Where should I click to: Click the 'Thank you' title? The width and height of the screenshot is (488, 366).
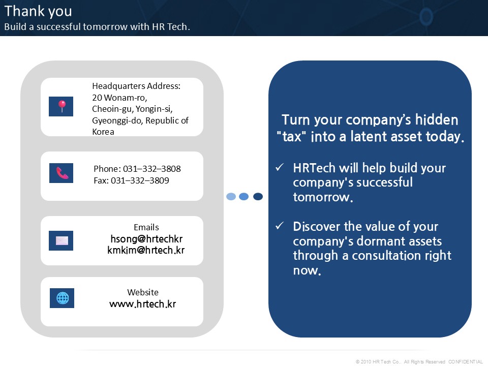tap(38, 12)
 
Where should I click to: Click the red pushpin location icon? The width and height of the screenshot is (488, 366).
tap(62, 106)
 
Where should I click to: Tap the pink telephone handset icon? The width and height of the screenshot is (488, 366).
tap(62, 173)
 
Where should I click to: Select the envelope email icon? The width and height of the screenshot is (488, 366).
tap(62, 240)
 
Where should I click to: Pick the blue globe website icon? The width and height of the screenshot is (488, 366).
tap(62, 298)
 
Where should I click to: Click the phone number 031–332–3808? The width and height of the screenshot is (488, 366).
tap(152, 169)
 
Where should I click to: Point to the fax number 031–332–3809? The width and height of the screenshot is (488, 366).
tap(140, 180)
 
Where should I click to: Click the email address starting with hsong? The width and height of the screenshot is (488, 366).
tap(146, 239)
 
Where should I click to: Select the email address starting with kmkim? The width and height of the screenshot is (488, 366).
tap(146, 250)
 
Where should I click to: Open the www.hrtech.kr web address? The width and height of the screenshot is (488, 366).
tap(142, 304)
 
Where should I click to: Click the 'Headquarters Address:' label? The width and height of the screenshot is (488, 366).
tap(136, 86)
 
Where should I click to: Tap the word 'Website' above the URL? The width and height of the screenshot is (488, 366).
tap(143, 292)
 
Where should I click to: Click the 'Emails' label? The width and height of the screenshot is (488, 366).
tap(146, 227)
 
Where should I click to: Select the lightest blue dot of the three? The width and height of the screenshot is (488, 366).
tap(231, 196)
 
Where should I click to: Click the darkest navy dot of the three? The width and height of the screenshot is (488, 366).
tap(258, 196)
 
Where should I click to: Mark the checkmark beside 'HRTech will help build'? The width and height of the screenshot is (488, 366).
tap(280, 167)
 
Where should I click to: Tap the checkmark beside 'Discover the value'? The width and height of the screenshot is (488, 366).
tap(280, 226)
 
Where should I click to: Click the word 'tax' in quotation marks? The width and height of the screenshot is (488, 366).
tap(292, 137)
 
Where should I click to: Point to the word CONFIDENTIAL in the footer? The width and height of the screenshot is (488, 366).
tap(466, 361)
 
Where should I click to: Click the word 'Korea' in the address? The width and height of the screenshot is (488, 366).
tap(103, 132)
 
